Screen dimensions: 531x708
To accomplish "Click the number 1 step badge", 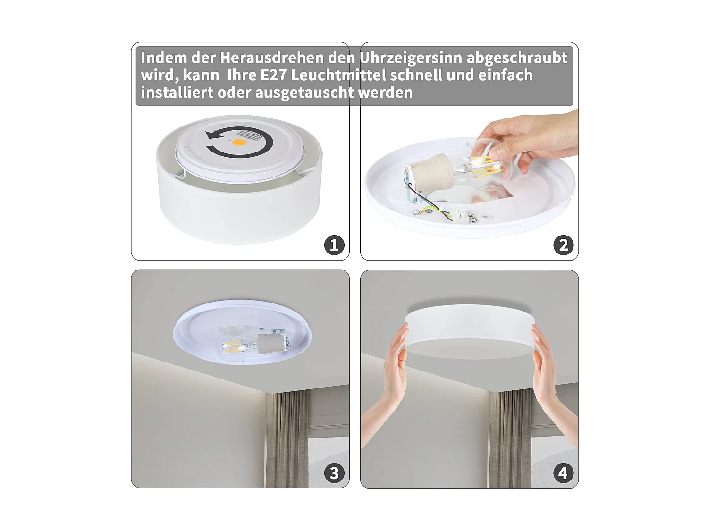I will point(334,245).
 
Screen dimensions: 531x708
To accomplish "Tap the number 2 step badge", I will point(563,245).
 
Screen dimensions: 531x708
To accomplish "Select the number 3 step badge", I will point(334,473).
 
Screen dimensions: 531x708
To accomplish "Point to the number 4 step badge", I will point(563,473).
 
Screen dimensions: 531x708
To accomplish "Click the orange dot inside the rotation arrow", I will point(240,142).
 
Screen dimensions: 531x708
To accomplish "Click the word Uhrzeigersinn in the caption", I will point(411,58).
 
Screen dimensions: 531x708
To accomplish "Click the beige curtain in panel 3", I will point(286,439).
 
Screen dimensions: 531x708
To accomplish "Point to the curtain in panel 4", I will point(510,439).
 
